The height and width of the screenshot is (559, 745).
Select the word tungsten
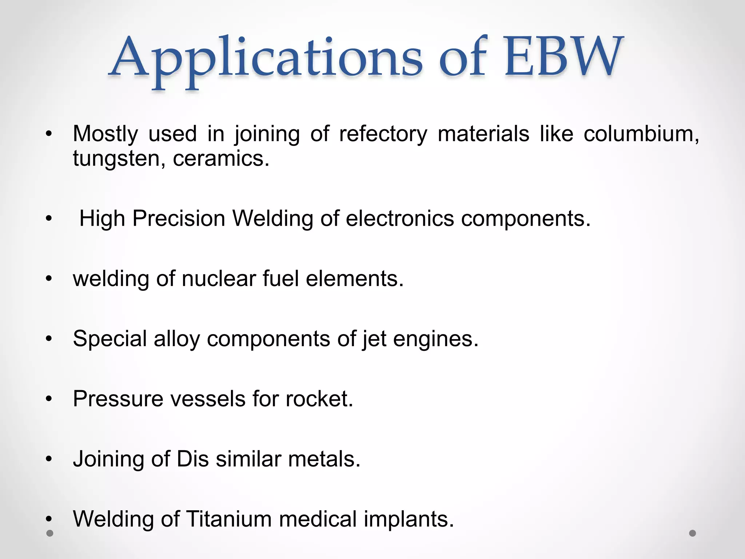[116, 159]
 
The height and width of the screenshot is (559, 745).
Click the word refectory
[383, 134]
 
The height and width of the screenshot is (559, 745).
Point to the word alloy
[177, 339]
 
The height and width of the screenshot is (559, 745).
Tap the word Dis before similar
[192, 459]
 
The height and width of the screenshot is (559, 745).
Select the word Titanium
[229, 519]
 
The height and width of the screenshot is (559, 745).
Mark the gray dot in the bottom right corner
[693, 533]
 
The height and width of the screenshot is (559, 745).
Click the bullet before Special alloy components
[49, 339]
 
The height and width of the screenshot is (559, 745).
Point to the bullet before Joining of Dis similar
[49, 459]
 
